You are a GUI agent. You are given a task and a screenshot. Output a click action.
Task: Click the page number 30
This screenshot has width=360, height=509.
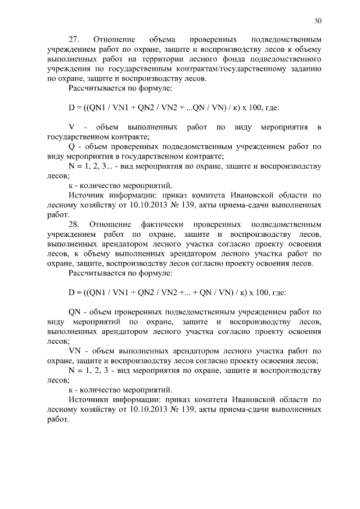(318, 21)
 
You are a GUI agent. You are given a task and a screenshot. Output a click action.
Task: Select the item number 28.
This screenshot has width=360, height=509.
(74, 224)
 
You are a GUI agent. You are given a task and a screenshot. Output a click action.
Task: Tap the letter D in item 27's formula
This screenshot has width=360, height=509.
(71, 108)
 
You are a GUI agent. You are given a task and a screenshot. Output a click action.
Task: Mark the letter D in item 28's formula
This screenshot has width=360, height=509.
(71, 293)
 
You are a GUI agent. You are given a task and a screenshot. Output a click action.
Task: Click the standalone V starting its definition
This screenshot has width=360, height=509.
(71, 127)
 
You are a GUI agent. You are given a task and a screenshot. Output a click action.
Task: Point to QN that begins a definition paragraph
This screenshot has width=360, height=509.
(75, 311)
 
